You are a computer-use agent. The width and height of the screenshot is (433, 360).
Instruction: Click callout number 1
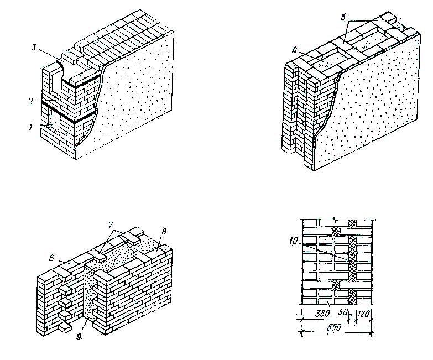(x=32, y=127)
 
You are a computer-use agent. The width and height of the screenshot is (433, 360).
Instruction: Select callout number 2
(x=32, y=101)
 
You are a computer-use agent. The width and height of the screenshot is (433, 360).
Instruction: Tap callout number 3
(x=34, y=48)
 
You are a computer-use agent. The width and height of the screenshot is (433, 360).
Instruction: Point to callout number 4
(x=295, y=51)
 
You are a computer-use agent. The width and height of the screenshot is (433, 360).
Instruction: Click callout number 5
(x=343, y=17)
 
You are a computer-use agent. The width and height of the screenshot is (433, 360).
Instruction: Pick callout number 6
(x=51, y=258)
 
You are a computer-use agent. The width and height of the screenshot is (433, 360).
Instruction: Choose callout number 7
(x=111, y=225)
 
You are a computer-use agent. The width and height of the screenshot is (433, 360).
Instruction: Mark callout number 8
(x=164, y=231)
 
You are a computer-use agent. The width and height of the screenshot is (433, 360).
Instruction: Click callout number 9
(x=79, y=337)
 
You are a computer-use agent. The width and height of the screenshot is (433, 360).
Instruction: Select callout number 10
(x=294, y=242)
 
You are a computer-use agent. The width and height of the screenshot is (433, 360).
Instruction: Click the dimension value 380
(x=322, y=314)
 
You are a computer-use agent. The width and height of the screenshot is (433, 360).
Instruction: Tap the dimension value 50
(x=343, y=313)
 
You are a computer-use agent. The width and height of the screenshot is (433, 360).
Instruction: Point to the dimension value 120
(x=364, y=314)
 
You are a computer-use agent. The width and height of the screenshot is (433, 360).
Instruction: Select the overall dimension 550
(x=334, y=327)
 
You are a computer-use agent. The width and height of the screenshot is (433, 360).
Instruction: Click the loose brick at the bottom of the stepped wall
(x=65, y=327)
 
